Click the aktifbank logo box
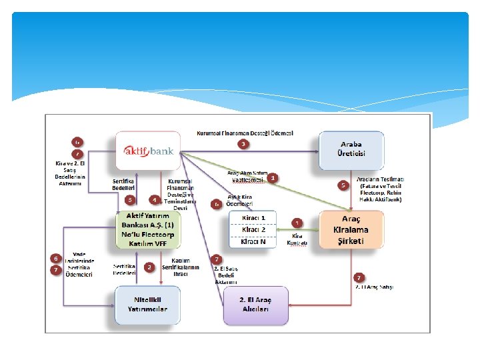[x=149, y=151]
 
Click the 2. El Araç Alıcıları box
[x=256, y=305]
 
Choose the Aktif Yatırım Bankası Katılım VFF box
[x=149, y=229]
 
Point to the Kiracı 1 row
[x=253, y=218]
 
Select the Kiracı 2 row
[x=253, y=229]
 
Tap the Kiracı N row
[x=253, y=241]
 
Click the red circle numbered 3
[x=244, y=144]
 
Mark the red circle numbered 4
[x=154, y=199]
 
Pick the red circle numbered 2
[x=149, y=267]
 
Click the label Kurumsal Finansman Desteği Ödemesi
[x=245, y=133]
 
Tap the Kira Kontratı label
[x=297, y=239]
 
